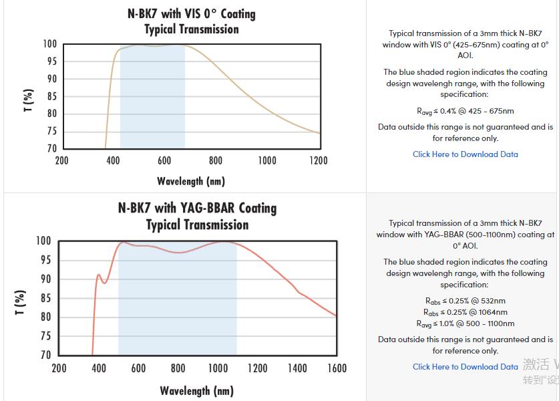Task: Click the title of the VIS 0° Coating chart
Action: coord(191,21)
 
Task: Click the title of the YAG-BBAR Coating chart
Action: coord(197,216)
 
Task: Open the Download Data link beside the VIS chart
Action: coord(465,154)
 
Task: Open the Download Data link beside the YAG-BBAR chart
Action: coord(465,367)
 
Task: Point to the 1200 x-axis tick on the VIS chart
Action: coord(319,160)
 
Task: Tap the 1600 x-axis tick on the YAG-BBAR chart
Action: coord(337,368)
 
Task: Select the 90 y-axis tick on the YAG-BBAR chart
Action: coord(43,279)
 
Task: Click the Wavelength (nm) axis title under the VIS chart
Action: coord(191,181)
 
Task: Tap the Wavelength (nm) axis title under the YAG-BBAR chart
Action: coord(197,391)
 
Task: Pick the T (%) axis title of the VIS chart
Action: coord(28,100)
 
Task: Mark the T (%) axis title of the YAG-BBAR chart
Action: coord(20,302)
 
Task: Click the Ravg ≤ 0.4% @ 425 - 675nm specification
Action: coord(465,112)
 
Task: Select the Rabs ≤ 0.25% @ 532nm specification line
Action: coord(465,301)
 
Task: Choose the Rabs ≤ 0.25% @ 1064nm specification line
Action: coord(465,312)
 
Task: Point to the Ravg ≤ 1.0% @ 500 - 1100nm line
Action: coord(465,324)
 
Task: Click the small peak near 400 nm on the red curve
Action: coord(99,275)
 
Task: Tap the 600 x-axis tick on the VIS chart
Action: coord(164,160)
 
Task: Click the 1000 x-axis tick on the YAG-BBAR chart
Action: coord(218,368)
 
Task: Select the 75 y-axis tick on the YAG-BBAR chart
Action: coord(43,336)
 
